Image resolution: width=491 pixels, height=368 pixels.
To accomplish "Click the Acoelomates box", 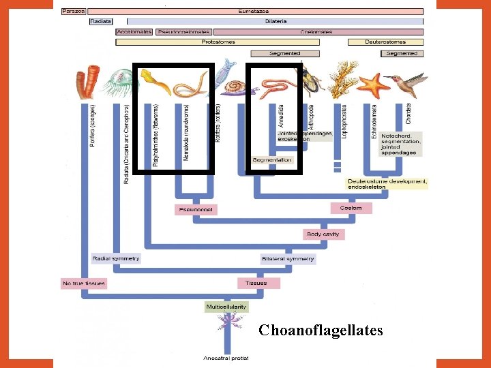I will click(x=134, y=31).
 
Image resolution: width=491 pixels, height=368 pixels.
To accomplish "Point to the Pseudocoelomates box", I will click(x=183, y=31).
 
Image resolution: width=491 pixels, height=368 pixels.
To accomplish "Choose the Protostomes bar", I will click(x=218, y=42).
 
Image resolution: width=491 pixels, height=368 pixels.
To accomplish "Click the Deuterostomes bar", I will click(x=385, y=42).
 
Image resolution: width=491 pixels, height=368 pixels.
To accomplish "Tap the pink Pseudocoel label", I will click(x=196, y=209).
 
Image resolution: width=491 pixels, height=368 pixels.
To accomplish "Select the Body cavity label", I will click(x=323, y=234).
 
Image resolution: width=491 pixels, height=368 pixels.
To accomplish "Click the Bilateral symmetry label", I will click(x=288, y=259).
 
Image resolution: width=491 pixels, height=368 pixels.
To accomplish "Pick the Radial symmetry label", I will click(x=116, y=258).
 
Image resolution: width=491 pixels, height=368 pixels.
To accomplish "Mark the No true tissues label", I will click(x=83, y=283).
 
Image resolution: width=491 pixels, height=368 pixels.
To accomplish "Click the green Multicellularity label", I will click(x=226, y=307).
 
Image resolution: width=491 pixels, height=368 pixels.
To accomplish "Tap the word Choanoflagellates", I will click(x=321, y=331).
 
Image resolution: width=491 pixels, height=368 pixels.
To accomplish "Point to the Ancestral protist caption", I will click(x=226, y=358).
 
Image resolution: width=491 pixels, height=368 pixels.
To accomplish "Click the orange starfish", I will click(x=372, y=85).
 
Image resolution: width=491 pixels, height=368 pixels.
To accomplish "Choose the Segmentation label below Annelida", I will click(x=272, y=160).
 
